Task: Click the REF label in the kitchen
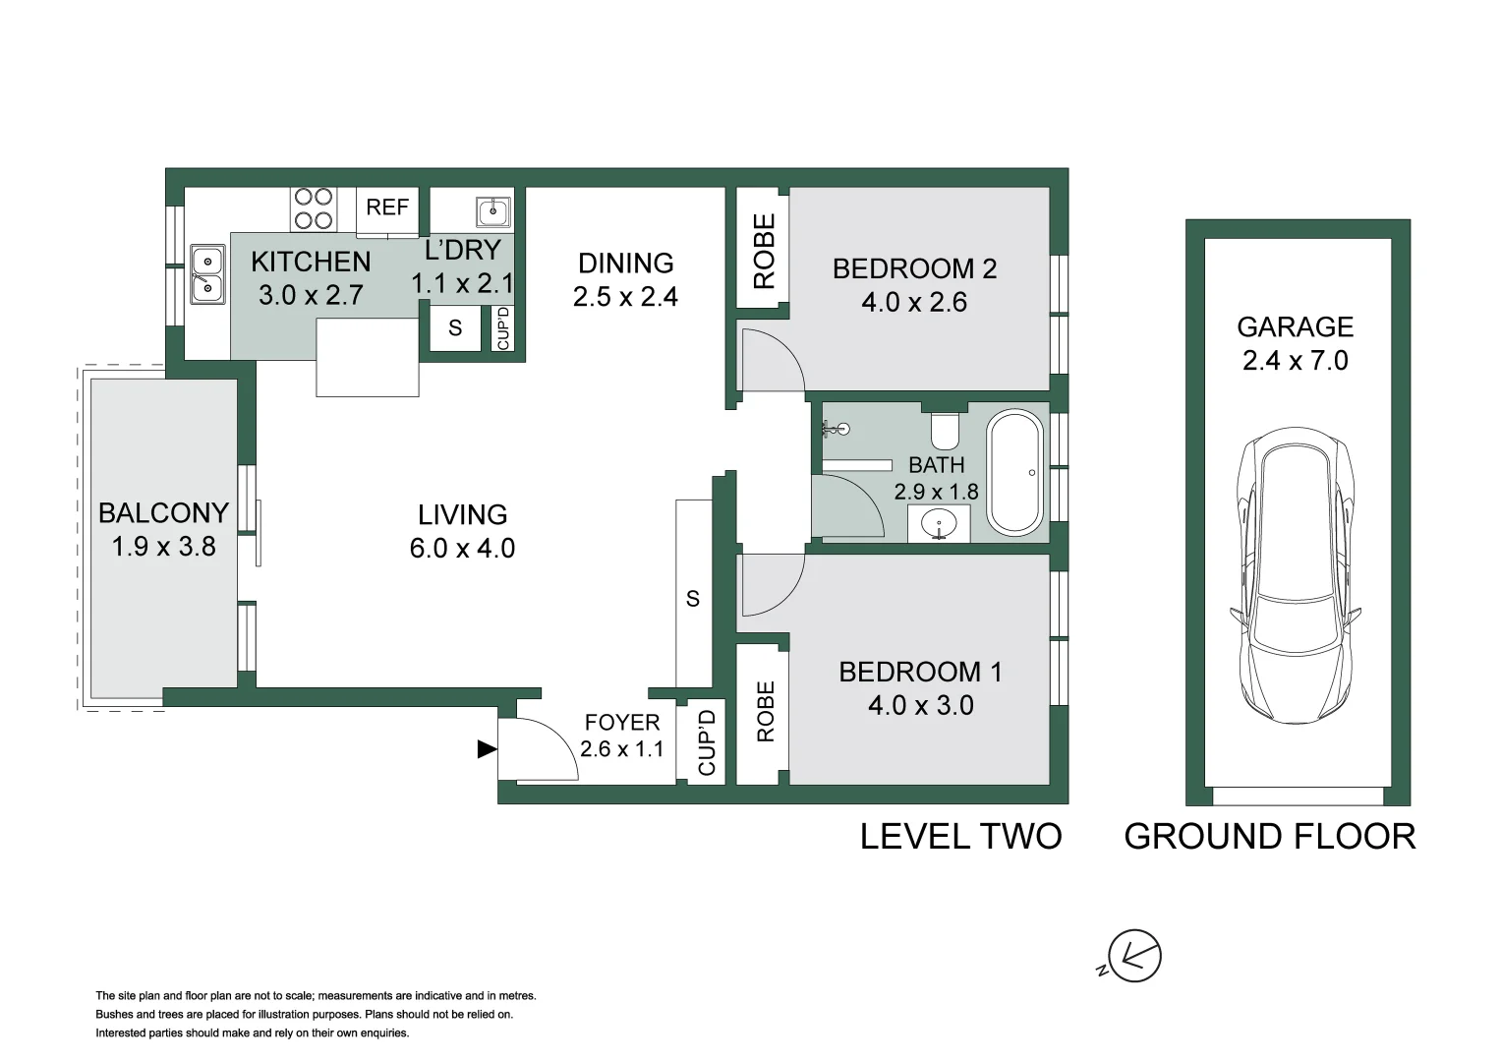[387, 207]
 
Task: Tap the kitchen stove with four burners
[314, 208]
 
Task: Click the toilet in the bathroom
[946, 429]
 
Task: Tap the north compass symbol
[1134, 955]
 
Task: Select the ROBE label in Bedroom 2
[764, 252]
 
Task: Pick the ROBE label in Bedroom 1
[766, 711]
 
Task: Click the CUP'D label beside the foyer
[706, 743]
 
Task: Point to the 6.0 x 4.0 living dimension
[462, 549]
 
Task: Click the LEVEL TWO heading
[960, 837]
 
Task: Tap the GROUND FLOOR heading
[1269, 837]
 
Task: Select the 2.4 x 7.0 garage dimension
[1295, 361]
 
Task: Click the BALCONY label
[163, 512]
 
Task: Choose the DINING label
[626, 264]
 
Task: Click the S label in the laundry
[455, 327]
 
